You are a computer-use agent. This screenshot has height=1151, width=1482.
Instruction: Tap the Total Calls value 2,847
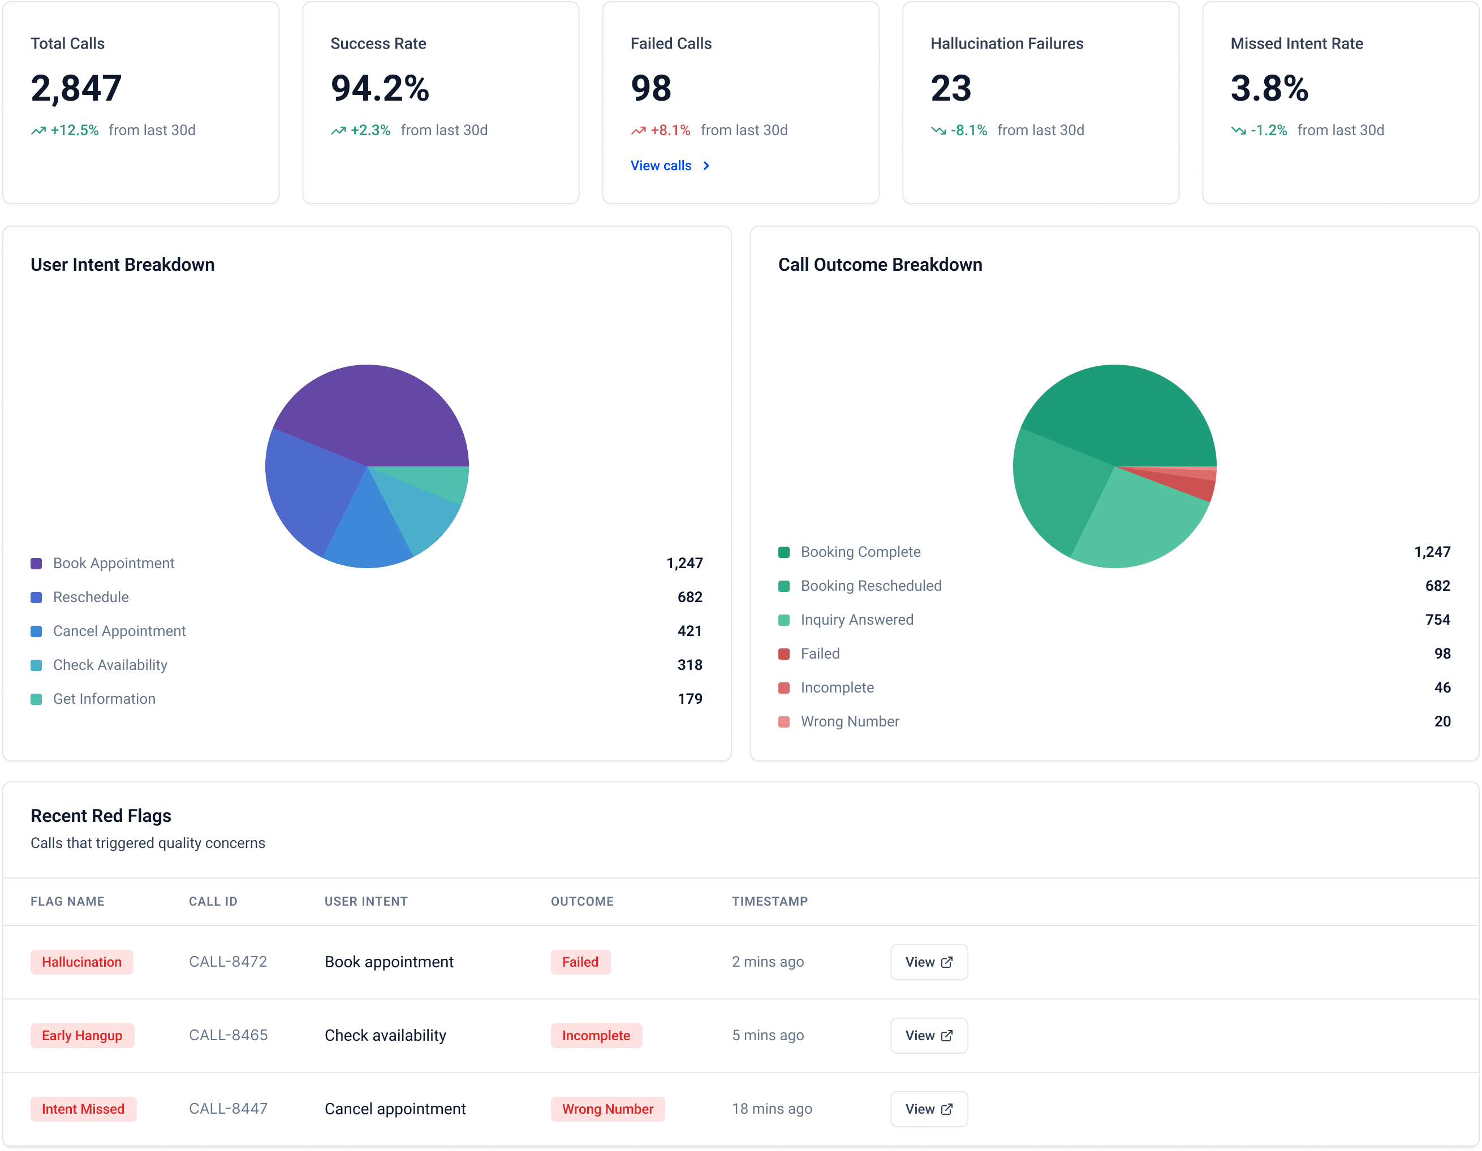(76, 89)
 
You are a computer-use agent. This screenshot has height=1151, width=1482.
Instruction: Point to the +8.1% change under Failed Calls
(669, 130)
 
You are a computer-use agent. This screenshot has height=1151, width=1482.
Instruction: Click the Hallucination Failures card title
(1006, 44)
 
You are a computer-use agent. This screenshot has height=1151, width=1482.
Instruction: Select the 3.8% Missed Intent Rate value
(1269, 89)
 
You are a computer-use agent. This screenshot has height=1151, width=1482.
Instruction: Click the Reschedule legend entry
(91, 597)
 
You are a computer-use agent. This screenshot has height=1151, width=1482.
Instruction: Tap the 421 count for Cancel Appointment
(689, 631)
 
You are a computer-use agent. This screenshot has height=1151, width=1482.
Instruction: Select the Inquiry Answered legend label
(856, 619)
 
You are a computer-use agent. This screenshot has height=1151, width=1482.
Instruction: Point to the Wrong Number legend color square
(784, 722)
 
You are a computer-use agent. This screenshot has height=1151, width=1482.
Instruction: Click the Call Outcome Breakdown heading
(880, 265)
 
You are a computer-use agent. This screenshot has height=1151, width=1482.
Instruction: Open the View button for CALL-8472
(928, 962)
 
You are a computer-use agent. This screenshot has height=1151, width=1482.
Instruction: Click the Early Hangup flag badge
(82, 1035)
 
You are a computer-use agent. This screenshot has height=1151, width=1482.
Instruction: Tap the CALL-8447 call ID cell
(228, 1108)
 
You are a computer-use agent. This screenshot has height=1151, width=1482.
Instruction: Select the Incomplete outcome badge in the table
(596, 1035)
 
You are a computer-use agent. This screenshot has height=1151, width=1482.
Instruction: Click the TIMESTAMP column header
(769, 901)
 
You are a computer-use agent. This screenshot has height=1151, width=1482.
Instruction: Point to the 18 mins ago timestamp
(772, 1108)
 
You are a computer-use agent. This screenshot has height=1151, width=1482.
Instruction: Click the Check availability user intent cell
(385, 1035)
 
